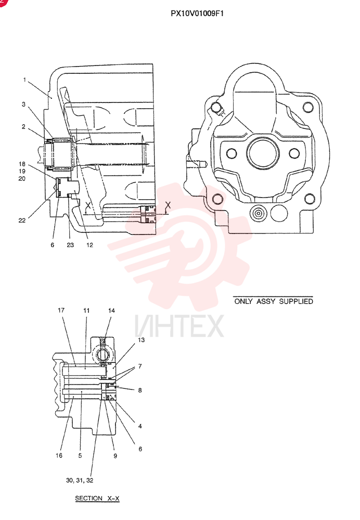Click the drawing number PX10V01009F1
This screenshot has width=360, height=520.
click(x=197, y=14)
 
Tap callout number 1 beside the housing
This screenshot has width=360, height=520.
click(x=24, y=80)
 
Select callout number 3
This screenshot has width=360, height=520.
click(x=23, y=105)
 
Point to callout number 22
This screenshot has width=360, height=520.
click(x=22, y=220)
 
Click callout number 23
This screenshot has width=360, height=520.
click(x=70, y=245)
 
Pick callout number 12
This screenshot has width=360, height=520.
click(x=89, y=245)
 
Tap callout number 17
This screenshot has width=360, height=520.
click(x=61, y=310)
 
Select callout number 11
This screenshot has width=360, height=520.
click(x=86, y=311)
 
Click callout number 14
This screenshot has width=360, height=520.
click(x=111, y=311)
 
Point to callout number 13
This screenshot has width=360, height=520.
click(x=142, y=340)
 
